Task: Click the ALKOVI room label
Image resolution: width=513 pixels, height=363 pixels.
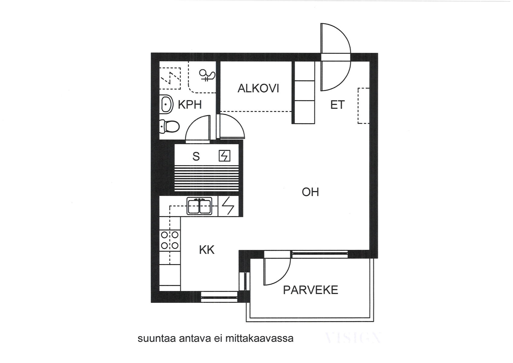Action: point(258,88)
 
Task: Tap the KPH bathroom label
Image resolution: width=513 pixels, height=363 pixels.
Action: point(190,105)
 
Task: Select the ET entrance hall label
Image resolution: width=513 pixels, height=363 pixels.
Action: point(337,105)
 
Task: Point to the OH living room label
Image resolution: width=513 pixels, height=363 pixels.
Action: point(310,192)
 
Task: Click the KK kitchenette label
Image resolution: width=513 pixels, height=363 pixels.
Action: point(207,250)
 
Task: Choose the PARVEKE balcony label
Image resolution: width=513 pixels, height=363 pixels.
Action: point(310,290)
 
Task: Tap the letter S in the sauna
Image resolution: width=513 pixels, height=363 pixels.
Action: point(196,156)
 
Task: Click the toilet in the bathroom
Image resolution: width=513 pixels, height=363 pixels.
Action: point(170,126)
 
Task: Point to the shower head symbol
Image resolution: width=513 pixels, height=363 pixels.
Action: point(207,75)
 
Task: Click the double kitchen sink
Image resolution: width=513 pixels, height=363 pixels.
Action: point(200,206)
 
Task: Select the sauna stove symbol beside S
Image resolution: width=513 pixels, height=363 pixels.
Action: point(224,156)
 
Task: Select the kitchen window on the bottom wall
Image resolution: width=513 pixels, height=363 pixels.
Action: point(220,297)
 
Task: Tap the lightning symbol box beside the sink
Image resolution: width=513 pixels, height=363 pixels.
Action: point(228,206)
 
